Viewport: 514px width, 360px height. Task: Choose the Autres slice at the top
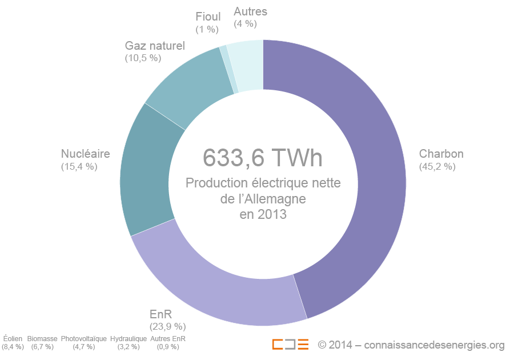click(x=249, y=65)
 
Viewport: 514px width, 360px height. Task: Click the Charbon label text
click(x=441, y=154)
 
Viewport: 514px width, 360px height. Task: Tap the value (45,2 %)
click(x=437, y=167)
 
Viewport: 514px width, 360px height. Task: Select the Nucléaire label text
click(x=85, y=154)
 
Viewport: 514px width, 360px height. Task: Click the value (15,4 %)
click(x=79, y=167)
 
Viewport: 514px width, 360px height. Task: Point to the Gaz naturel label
click(x=155, y=45)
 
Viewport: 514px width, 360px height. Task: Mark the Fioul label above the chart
click(x=208, y=17)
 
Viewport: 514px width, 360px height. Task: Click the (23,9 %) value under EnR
click(x=168, y=326)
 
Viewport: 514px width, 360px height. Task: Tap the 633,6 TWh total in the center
click(x=263, y=158)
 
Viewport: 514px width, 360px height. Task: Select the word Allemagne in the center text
click(x=274, y=199)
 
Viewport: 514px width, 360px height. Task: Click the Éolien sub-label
click(x=13, y=339)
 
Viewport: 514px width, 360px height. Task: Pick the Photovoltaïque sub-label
click(x=83, y=339)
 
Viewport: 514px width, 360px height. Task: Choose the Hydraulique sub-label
click(x=128, y=339)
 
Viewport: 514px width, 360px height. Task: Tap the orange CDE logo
click(x=290, y=345)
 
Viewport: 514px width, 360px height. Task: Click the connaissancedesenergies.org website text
click(x=433, y=345)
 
